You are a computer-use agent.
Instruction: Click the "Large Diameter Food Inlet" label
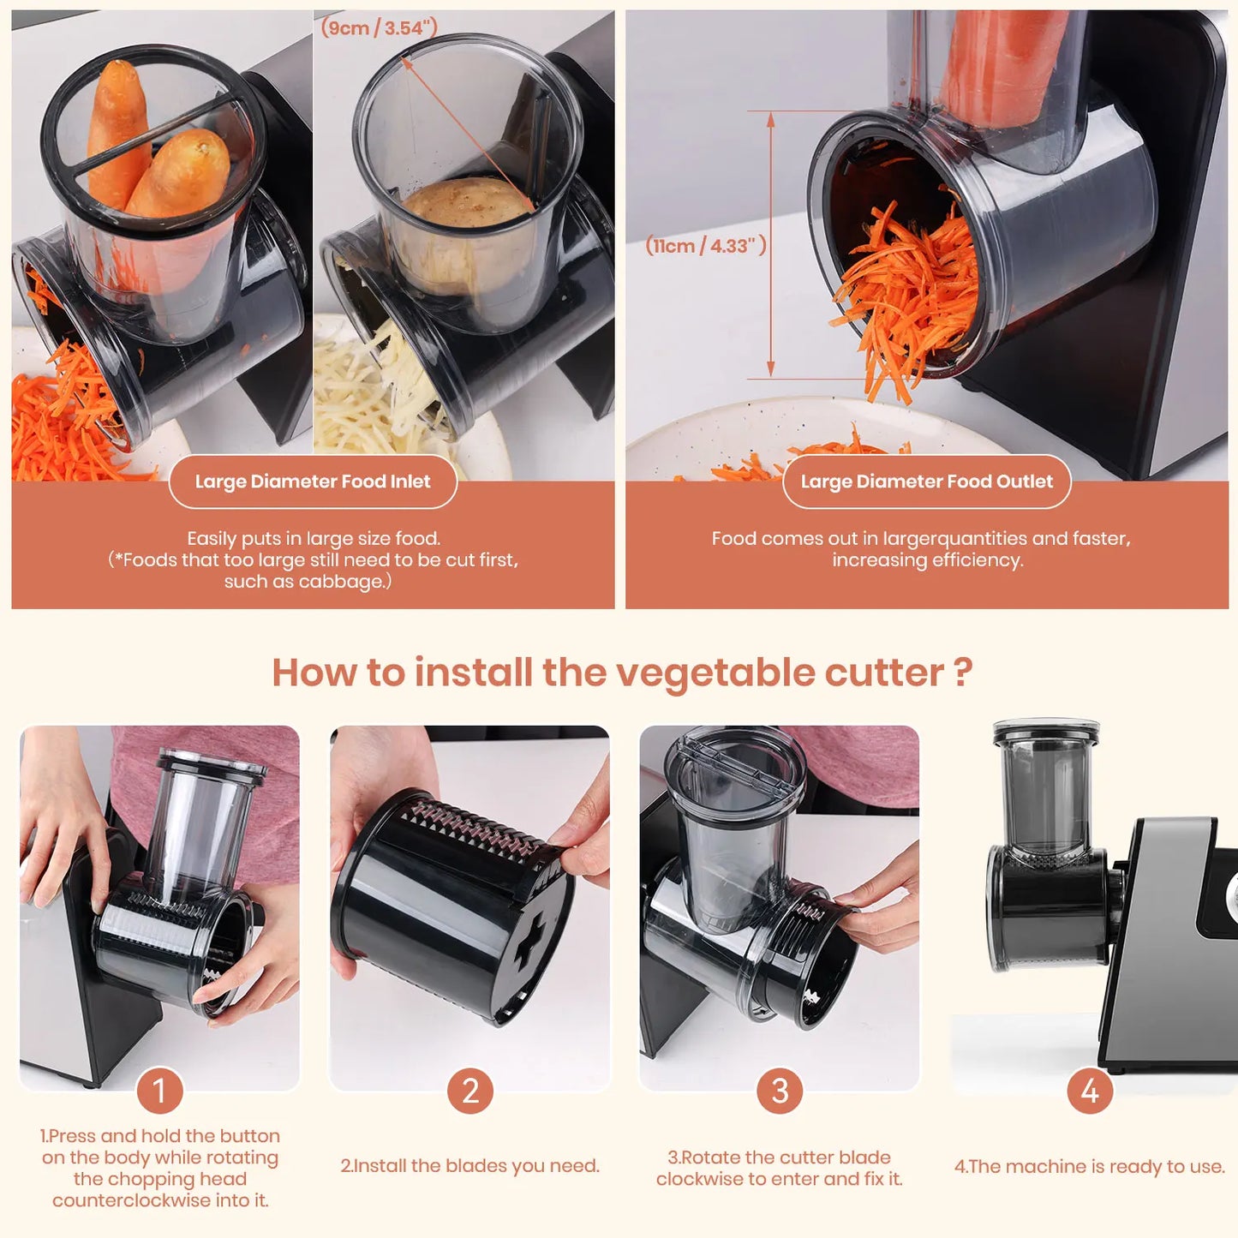coord(313,481)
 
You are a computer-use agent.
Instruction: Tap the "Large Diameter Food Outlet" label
coord(926,481)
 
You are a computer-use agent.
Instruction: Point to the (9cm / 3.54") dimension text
coord(379,27)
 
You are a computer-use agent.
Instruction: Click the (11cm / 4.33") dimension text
coord(706,245)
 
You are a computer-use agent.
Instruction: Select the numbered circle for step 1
coord(159,1091)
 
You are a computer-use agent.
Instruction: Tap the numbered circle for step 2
coord(470,1091)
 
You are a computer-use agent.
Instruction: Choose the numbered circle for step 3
coord(780,1091)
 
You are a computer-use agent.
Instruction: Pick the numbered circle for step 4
coord(1090,1091)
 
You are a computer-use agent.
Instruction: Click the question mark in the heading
coord(962,673)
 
